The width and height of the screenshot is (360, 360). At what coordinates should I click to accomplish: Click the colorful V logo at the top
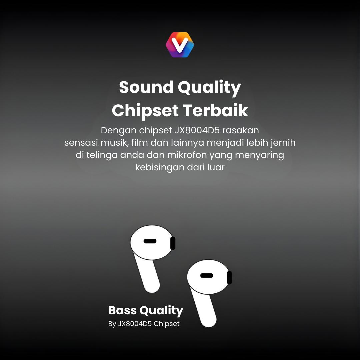[x=180, y=45]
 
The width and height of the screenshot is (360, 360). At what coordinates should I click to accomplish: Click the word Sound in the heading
[x=146, y=87]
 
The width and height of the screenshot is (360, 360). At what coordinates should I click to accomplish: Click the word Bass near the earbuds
[x=122, y=311]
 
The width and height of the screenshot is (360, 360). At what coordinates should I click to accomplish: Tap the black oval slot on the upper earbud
[x=150, y=241]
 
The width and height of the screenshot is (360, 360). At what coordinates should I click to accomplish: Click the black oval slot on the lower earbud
[x=207, y=275]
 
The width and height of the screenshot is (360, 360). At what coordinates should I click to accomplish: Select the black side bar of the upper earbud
[x=173, y=243]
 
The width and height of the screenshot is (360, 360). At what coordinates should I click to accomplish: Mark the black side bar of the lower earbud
[x=229, y=277]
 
